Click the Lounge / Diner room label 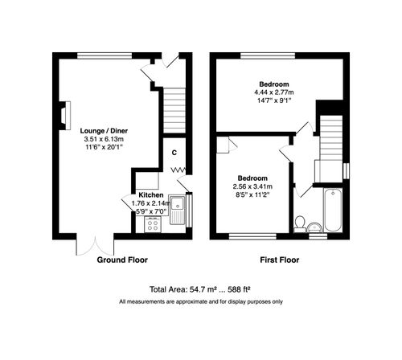pyautogui.click(x=104, y=130)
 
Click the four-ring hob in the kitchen pyautogui.click(x=150, y=226)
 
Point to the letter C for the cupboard pyautogui.click(x=173, y=152)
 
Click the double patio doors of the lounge pyautogui.click(x=88, y=243)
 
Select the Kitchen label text pyautogui.click(x=151, y=195)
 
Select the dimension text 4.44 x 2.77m pyautogui.click(x=273, y=92)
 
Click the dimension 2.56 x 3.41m pyautogui.click(x=251, y=186)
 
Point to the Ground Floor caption pyautogui.click(x=122, y=261)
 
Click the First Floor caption pyautogui.click(x=280, y=261)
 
